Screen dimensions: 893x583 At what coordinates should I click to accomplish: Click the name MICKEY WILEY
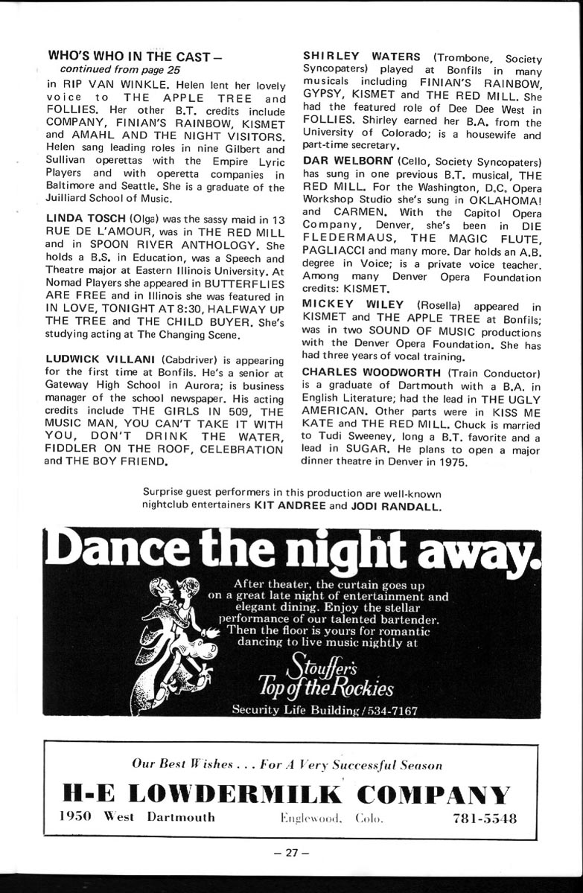point(353,304)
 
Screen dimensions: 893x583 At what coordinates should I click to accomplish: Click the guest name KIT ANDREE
point(289,506)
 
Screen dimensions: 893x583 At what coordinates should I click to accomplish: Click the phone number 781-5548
point(485,818)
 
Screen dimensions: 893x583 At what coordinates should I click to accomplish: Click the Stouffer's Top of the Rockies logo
point(325,675)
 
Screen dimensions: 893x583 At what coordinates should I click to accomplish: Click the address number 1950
point(74,817)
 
